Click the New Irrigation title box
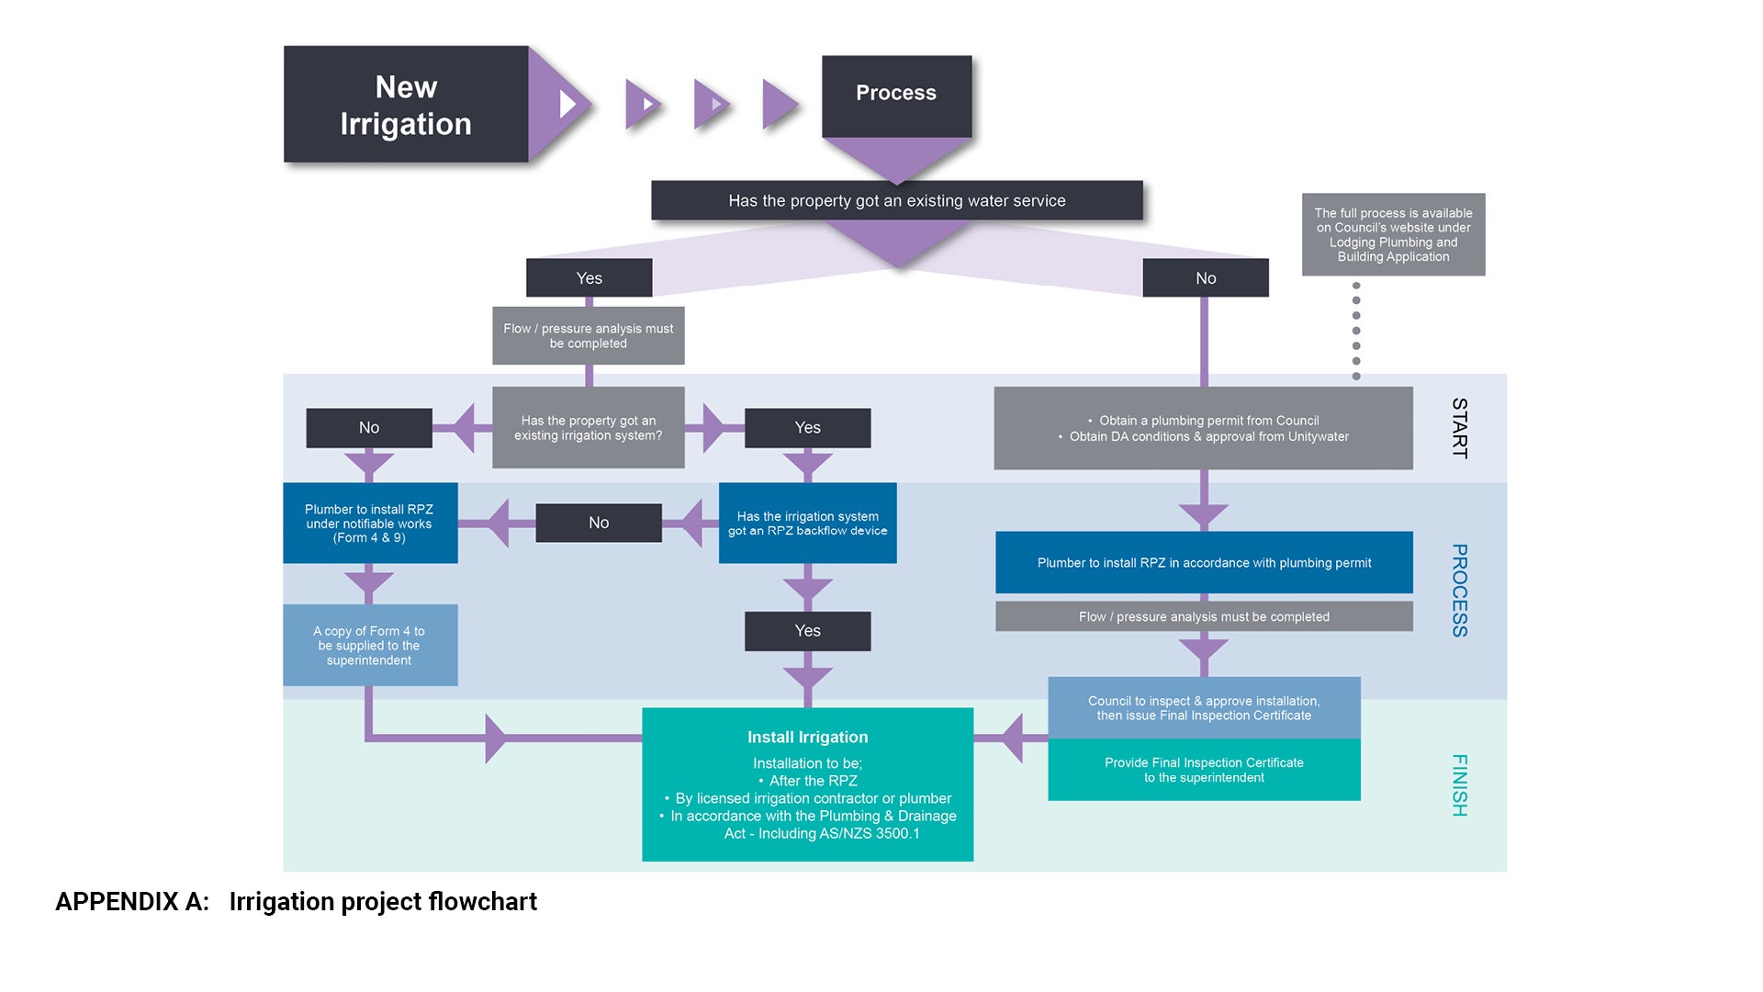tap(405, 105)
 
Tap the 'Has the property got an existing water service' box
tap(896, 200)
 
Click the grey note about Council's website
tap(1393, 234)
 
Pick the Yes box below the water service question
tap(589, 277)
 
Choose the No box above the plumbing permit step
tap(1205, 277)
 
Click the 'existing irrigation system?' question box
tap(588, 428)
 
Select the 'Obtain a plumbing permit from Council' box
tap(1203, 428)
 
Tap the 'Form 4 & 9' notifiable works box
tap(369, 523)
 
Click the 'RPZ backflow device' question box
tap(807, 523)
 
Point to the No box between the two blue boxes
tap(598, 523)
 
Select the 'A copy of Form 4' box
tap(369, 645)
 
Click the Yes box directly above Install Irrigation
tap(807, 631)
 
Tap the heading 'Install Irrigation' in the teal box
tap(807, 737)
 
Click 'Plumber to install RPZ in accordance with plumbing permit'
tap(1204, 562)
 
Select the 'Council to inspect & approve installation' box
tap(1204, 707)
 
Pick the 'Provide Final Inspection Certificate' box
tap(1204, 770)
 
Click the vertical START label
tap(1459, 428)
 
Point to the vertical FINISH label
tap(1459, 785)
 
